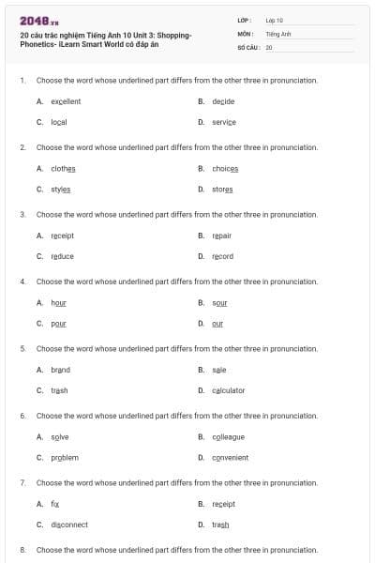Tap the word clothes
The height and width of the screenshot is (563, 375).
coord(63,168)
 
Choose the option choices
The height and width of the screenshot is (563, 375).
coord(225,168)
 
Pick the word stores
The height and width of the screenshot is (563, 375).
coord(222,189)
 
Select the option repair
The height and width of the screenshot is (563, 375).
coord(222,236)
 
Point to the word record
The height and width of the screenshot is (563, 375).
coord(223,256)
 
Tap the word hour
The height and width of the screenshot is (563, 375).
coord(58,302)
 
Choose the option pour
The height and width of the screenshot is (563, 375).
coord(58,323)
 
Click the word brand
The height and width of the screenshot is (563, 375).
coord(60,370)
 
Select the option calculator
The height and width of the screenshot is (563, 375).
coord(229,390)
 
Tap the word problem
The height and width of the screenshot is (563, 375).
coord(65,457)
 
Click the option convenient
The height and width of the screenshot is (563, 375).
coord(231,457)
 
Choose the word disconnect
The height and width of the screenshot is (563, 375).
coord(69,525)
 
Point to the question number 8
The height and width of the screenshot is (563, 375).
coord(22,549)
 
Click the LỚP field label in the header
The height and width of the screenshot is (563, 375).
coord(243,20)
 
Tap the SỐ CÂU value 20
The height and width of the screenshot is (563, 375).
coord(269,46)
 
